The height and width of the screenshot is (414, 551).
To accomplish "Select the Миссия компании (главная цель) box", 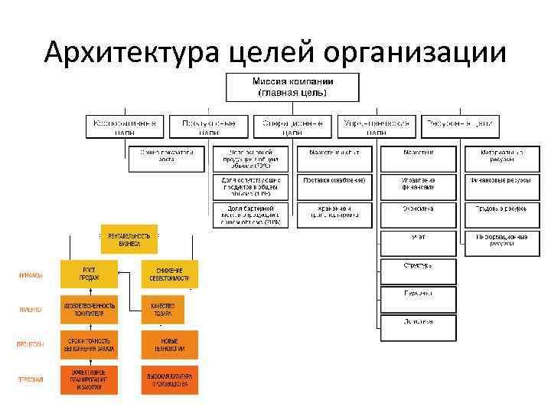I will [x=292, y=87].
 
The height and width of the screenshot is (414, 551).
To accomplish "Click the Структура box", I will [x=418, y=271].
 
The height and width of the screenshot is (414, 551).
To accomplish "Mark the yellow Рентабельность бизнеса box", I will [x=129, y=238].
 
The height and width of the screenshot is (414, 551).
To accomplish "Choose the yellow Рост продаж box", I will [x=90, y=274].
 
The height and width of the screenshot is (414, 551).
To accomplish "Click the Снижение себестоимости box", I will [x=169, y=274].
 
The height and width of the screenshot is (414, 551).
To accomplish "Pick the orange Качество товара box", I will [x=162, y=309].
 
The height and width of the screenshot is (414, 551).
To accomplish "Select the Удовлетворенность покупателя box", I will [x=90, y=309].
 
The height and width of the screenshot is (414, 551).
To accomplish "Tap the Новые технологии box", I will [x=169, y=344].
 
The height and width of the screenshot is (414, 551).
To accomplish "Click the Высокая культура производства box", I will [x=169, y=380].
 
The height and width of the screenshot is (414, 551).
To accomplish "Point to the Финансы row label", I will [x=31, y=274].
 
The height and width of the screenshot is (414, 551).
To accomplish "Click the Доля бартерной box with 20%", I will [x=250, y=215].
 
